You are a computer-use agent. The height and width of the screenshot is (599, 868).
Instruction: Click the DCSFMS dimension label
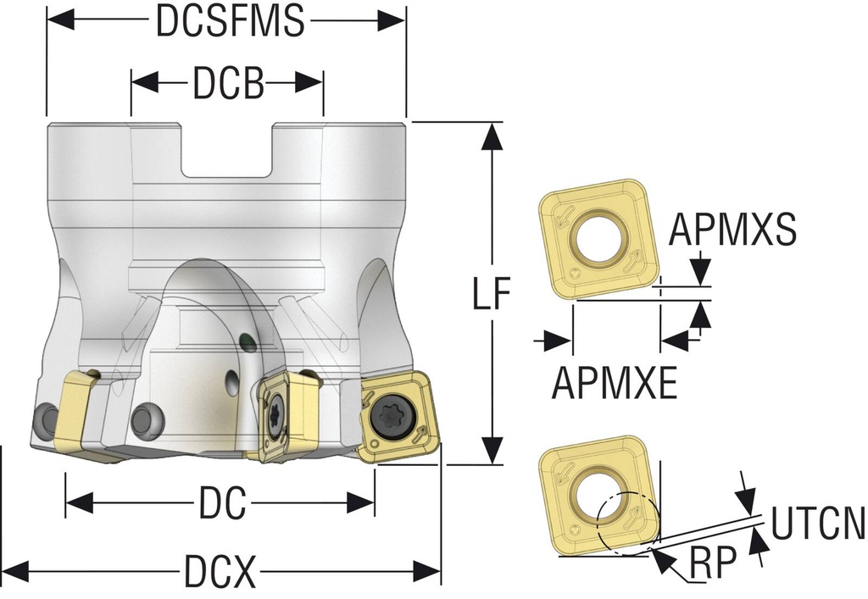tap(230, 22)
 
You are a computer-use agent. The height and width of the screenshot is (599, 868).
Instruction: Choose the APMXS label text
tap(732, 230)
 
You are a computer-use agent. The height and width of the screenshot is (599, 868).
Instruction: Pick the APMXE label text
tap(615, 383)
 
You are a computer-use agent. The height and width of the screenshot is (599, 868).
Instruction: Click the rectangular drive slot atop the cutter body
tap(227, 153)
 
